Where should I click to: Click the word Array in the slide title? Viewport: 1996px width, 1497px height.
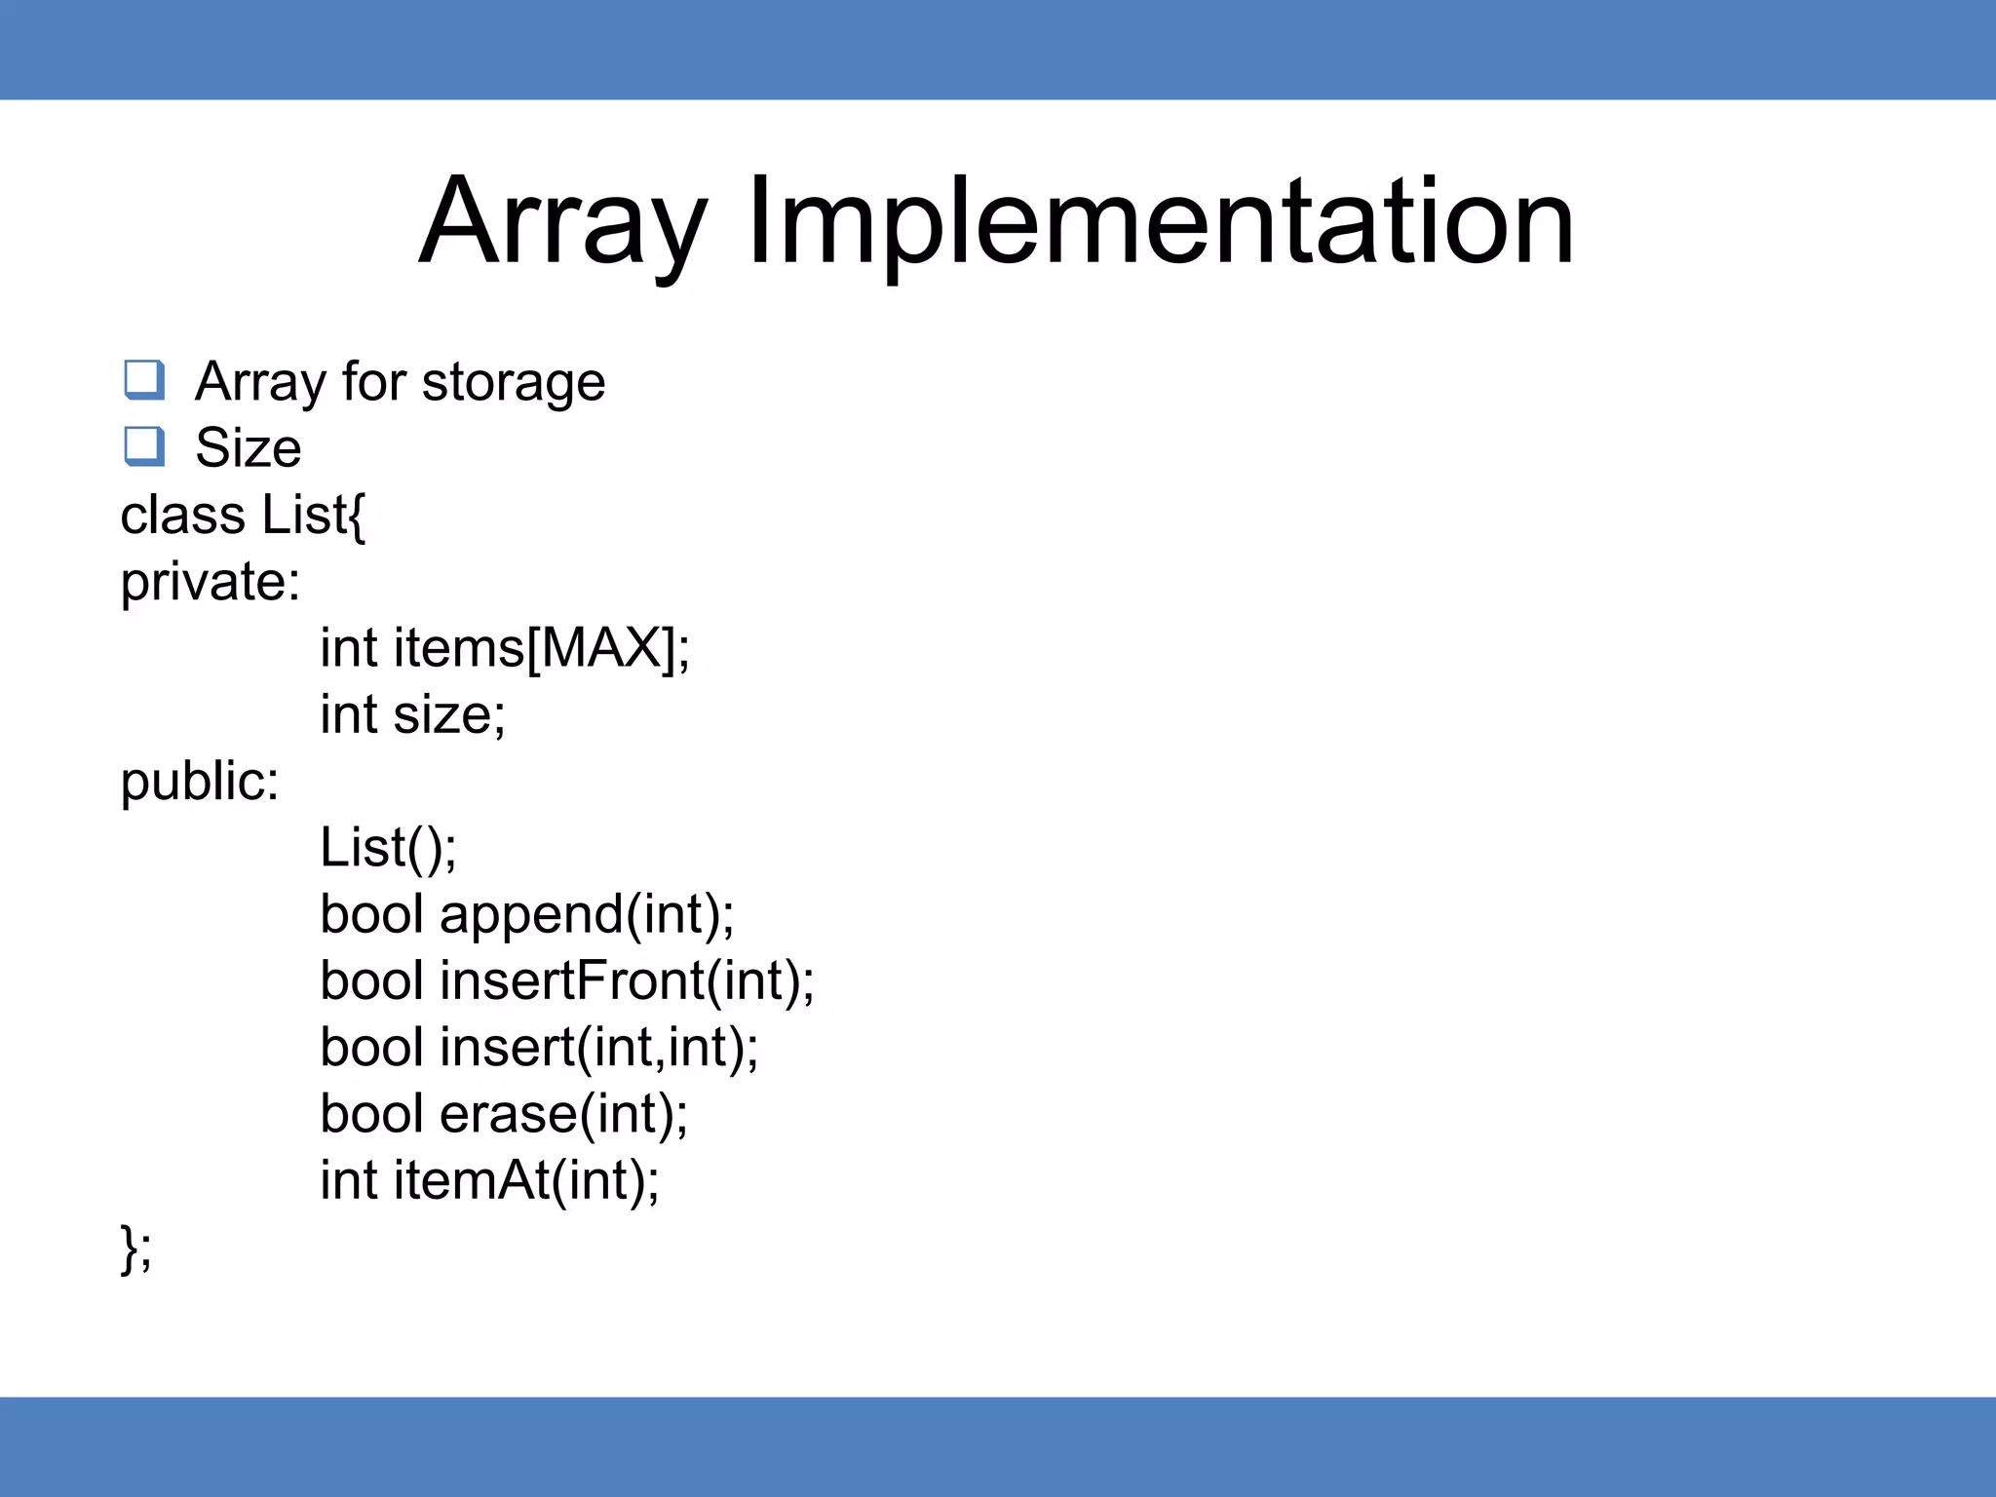coord(562,222)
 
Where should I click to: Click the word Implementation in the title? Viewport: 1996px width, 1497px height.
coord(1160,222)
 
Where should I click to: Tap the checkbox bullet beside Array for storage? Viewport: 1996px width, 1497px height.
coord(144,379)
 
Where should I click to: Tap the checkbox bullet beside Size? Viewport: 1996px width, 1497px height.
coord(144,446)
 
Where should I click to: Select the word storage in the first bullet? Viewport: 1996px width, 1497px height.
coord(513,382)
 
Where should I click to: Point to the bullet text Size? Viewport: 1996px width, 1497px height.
coord(248,448)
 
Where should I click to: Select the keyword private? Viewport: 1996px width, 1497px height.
coord(210,583)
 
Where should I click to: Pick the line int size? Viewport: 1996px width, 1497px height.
coord(412,714)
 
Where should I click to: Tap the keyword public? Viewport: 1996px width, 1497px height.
coord(199,782)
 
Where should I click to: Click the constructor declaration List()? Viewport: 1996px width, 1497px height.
coord(388,848)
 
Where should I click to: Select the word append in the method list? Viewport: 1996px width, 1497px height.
coord(531,915)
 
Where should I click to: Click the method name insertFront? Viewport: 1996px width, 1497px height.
coord(572,980)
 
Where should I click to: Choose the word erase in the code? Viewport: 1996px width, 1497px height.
coord(508,1114)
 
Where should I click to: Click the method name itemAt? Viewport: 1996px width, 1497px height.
coord(472,1180)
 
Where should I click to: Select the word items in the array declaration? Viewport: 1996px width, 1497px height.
coord(459,648)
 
